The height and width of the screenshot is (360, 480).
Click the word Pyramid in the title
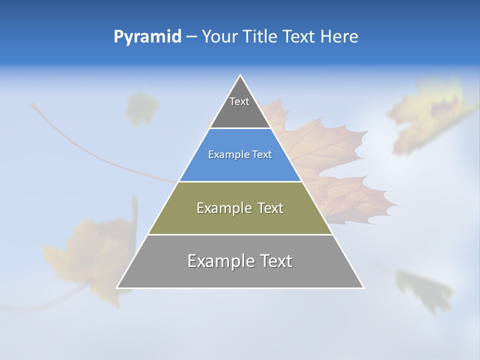(147, 37)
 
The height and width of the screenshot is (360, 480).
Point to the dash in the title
(191, 37)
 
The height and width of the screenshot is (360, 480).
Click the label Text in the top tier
(239, 101)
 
